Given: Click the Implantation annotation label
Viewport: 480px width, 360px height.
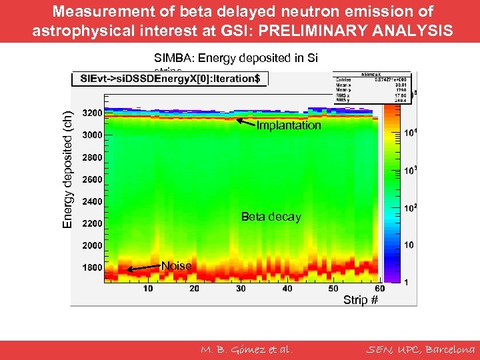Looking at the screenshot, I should pyautogui.click(x=289, y=125).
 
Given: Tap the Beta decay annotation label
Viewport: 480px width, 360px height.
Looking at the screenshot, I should pyautogui.click(x=271, y=217).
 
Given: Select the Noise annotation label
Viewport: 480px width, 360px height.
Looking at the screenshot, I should pyautogui.click(x=177, y=266).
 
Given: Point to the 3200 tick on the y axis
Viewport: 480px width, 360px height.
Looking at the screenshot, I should pyautogui.click(x=92, y=113).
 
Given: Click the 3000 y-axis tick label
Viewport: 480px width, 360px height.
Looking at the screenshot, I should pyautogui.click(x=92, y=135).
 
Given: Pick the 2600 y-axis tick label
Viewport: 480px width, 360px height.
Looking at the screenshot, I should pyautogui.click(x=92, y=179).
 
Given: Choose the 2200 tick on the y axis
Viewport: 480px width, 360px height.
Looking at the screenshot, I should pyautogui.click(x=92, y=223).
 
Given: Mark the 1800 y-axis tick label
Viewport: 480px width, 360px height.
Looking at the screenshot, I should pyautogui.click(x=92, y=268).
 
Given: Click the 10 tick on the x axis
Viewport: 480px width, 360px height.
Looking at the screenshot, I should pyautogui.click(x=147, y=288).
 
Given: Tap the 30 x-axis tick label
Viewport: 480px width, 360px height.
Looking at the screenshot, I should pyautogui.click(x=241, y=288).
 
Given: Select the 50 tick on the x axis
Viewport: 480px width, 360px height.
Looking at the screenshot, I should pyautogui.click(x=334, y=288).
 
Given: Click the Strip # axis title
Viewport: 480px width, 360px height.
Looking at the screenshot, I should pyautogui.click(x=361, y=300).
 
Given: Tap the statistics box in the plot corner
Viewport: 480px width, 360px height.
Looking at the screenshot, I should pyautogui.click(x=373, y=86).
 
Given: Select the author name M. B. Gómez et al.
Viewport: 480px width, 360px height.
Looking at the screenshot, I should pyautogui.click(x=247, y=349).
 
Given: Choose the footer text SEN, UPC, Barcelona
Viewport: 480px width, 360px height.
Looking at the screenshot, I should pyautogui.click(x=421, y=349).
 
